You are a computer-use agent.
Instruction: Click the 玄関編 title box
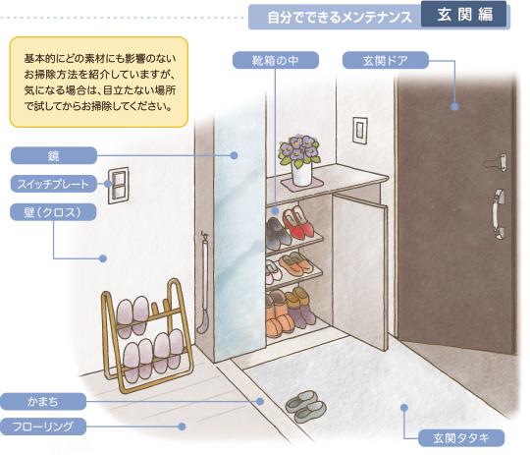(x=463, y=15)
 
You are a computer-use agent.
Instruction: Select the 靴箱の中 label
(x=276, y=60)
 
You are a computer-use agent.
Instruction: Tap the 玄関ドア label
(x=386, y=60)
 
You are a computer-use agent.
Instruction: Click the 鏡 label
(x=54, y=155)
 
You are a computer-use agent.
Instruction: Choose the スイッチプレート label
(x=54, y=184)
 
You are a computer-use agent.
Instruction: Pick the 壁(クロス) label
(x=53, y=212)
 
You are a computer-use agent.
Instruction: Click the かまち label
(x=43, y=402)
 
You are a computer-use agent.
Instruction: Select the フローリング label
(x=43, y=427)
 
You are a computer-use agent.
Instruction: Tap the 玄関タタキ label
(x=461, y=438)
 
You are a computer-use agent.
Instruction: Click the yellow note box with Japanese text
(x=99, y=83)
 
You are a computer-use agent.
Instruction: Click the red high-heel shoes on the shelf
(x=297, y=222)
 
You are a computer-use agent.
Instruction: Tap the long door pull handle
(x=499, y=214)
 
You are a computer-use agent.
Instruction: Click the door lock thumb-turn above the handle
(x=497, y=162)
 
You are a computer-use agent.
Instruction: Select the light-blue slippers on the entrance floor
(x=305, y=406)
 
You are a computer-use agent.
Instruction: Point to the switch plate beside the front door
(x=359, y=131)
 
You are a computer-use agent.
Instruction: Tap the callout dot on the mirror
(x=234, y=155)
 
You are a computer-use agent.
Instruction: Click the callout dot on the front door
(x=454, y=107)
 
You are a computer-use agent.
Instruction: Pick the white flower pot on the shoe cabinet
(x=301, y=174)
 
